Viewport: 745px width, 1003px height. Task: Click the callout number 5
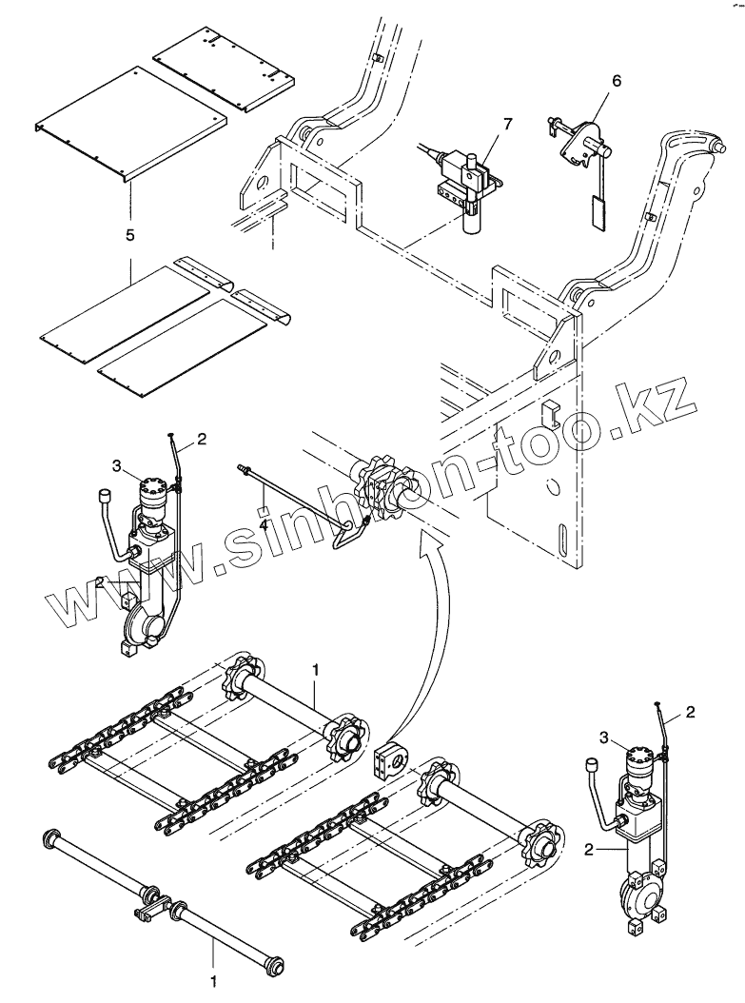pos(129,232)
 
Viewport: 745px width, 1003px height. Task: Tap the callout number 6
pos(616,81)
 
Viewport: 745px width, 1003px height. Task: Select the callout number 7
pos(507,125)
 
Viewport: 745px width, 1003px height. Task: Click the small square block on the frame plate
pos(549,412)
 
